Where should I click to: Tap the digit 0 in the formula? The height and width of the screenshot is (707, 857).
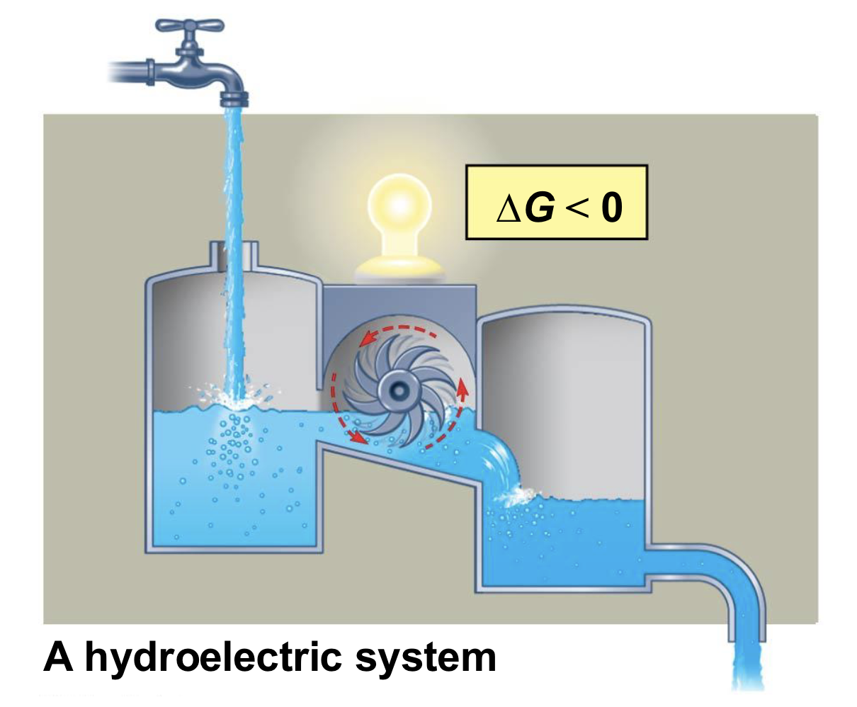pyautogui.click(x=611, y=208)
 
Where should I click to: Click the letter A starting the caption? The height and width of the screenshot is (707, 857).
pyautogui.click(x=59, y=657)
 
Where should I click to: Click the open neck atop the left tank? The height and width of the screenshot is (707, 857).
pyautogui.click(x=233, y=255)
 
